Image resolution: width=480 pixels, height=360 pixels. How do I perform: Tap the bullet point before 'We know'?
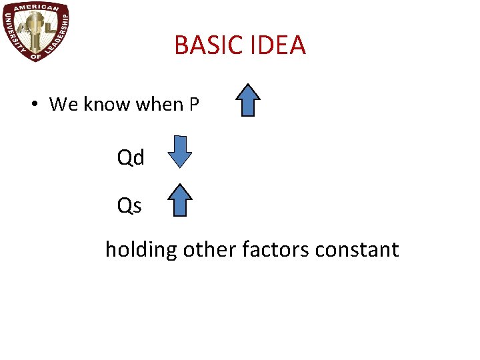[33, 105]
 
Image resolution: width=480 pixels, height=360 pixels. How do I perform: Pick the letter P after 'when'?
[194, 105]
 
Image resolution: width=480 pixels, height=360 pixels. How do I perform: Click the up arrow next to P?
[248, 101]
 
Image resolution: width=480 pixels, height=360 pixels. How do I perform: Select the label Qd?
[131, 158]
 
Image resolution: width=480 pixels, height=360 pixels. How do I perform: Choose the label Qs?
[129, 206]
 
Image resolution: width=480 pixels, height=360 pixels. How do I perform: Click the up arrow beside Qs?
[179, 201]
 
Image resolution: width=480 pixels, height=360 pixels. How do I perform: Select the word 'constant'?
[357, 250]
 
